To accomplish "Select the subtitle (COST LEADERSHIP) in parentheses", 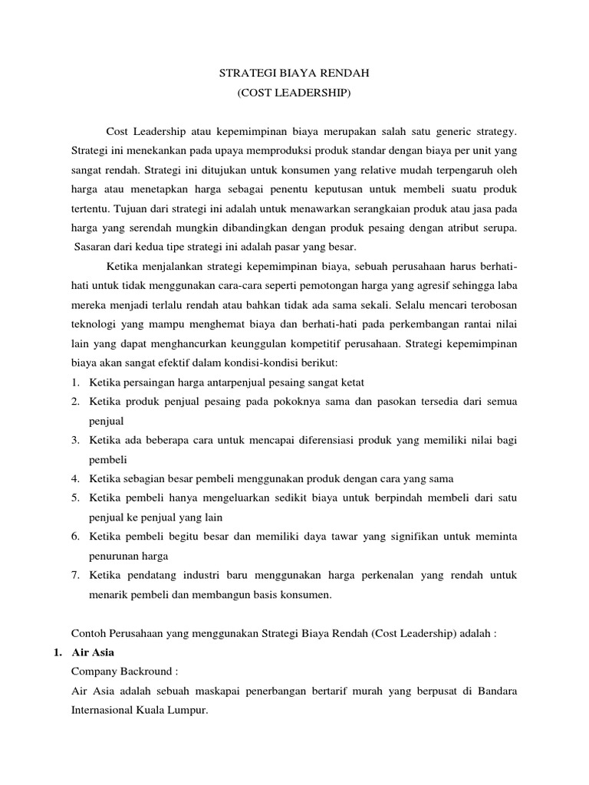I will (x=294, y=94).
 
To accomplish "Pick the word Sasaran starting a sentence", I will (x=95, y=246).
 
